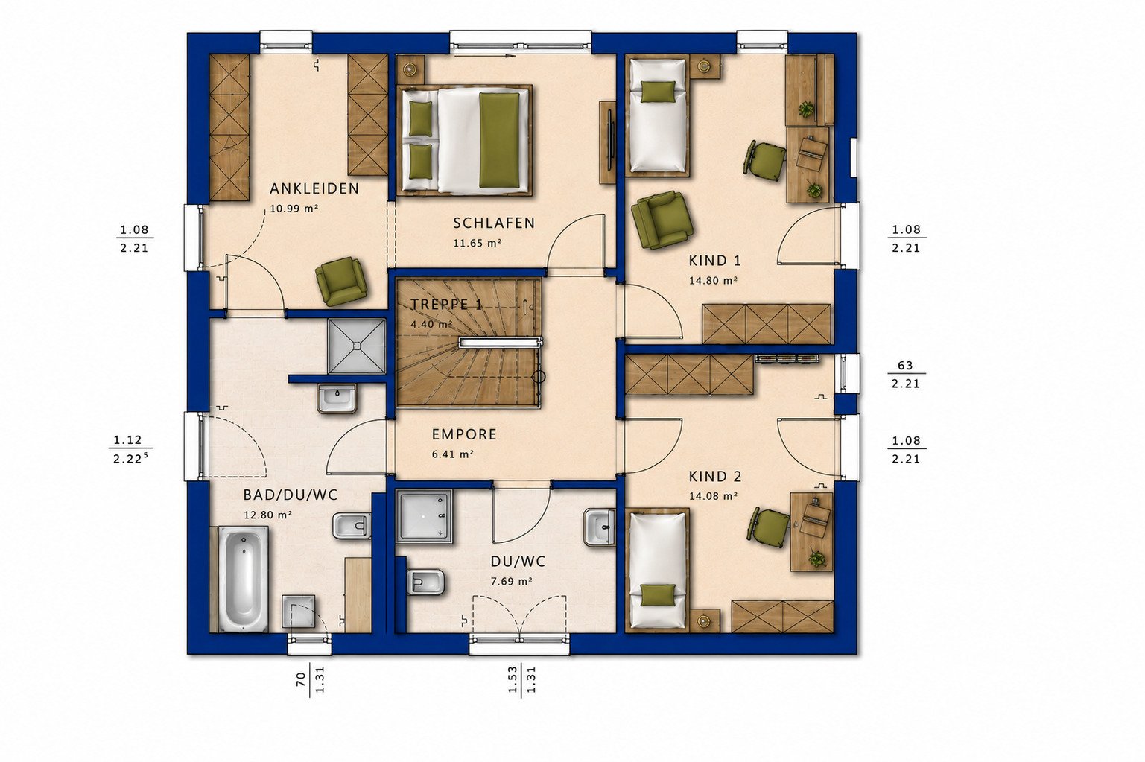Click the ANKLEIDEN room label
click(x=314, y=188)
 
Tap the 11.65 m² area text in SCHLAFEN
click(x=477, y=244)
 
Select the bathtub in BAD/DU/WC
click(x=244, y=579)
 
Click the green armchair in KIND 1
click(x=662, y=220)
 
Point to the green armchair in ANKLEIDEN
click(x=341, y=281)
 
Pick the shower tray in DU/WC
click(x=425, y=516)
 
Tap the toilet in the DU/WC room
click(x=425, y=582)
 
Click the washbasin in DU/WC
click(x=599, y=527)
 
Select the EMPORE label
click(x=464, y=434)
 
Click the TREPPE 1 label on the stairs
click(x=446, y=305)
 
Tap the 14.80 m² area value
click(x=713, y=281)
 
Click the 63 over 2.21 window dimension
click(x=905, y=375)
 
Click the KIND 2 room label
click(x=714, y=477)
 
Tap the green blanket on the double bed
click(x=499, y=139)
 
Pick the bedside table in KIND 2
click(x=705, y=620)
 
